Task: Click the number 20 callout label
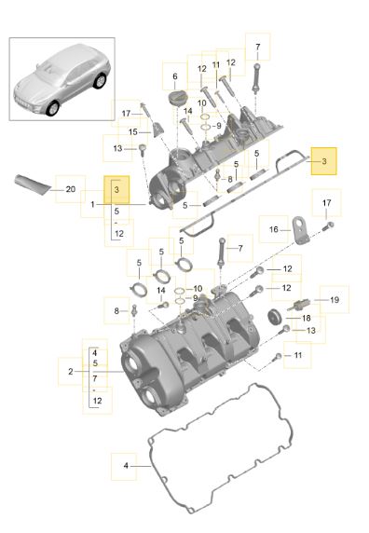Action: click(x=70, y=189)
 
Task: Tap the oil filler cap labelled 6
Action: click(x=177, y=99)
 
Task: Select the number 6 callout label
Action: click(x=175, y=76)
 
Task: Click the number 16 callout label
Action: click(x=274, y=229)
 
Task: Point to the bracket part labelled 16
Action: click(x=300, y=230)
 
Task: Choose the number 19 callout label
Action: click(x=335, y=299)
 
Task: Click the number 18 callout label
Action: click(x=307, y=318)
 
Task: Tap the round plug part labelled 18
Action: click(x=275, y=317)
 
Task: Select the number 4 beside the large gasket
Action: click(x=126, y=465)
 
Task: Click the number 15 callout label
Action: click(x=133, y=131)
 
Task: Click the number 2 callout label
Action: click(x=70, y=371)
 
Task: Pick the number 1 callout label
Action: click(x=92, y=204)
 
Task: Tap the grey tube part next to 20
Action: click(x=32, y=184)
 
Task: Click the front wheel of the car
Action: click(x=53, y=108)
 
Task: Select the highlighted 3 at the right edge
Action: click(x=324, y=161)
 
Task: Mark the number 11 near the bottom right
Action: click(x=298, y=355)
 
